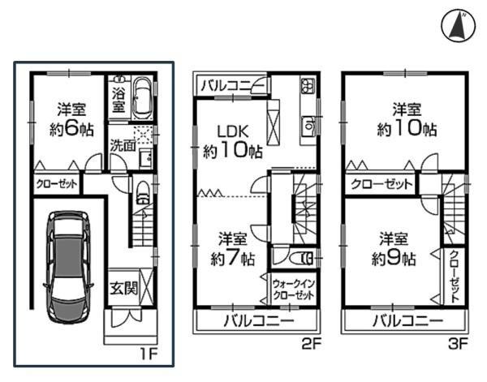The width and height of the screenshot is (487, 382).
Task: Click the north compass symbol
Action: (458, 26)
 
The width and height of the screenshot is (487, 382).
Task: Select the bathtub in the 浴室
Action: (142, 98)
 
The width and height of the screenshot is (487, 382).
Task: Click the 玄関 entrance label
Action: (123, 289)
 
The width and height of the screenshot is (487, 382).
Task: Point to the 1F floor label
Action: (149, 354)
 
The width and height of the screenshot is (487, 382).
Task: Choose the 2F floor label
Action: (311, 344)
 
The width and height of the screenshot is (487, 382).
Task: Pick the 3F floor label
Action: (458, 344)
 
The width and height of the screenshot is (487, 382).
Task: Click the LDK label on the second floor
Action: (233, 131)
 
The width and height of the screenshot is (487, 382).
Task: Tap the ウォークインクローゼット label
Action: (294, 290)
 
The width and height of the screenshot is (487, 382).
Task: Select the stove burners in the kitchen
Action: (308, 84)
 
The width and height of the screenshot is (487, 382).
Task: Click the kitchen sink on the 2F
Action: (308, 126)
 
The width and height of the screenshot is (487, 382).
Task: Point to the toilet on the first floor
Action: (143, 192)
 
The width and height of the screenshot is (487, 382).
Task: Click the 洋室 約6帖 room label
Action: (71, 119)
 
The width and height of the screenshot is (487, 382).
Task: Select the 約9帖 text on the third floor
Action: (393, 258)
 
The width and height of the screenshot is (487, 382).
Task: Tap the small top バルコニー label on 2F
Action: (232, 85)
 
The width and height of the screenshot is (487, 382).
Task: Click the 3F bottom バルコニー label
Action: (407, 320)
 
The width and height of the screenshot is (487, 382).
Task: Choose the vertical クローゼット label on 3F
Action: (455, 277)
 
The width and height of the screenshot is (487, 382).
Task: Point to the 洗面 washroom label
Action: (123, 145)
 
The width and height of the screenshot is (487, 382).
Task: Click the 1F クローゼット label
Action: (56, 184)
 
